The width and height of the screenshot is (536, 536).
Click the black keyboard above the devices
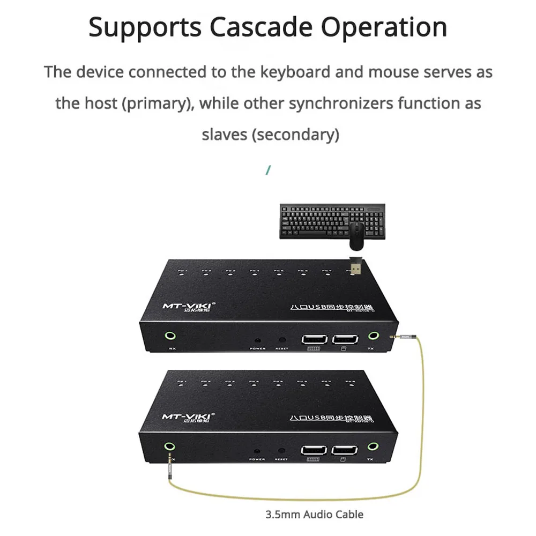[x=331, y=221]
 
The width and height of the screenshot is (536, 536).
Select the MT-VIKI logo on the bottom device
[x=187, y=415]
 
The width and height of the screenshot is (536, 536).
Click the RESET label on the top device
[x=281, y=349]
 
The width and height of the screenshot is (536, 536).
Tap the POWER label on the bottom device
[x=257, y=459]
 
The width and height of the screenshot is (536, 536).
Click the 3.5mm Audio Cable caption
[x=315, y=515]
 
